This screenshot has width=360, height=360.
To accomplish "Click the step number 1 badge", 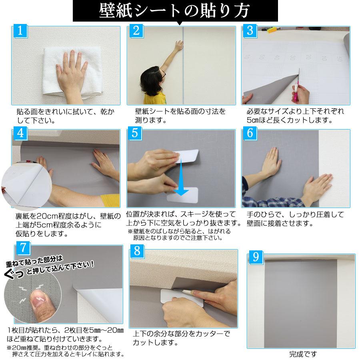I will [x=20, y=30].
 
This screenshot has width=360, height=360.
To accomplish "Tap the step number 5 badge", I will [x=135, y=133].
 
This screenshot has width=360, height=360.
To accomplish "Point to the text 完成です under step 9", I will [x=303, y=354].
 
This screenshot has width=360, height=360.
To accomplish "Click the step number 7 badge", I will [x=24, y=248].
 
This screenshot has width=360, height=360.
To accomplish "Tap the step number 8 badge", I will [x=137, y=252].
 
